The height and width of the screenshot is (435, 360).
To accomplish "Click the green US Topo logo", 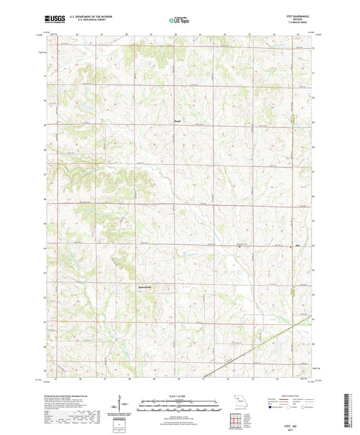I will coord(179,21).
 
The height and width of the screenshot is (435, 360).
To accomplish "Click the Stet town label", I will coord(297,247).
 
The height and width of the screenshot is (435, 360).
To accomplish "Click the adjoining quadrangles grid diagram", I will coord(236,418).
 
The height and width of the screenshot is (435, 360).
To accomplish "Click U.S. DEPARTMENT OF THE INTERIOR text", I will coord(85,18).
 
